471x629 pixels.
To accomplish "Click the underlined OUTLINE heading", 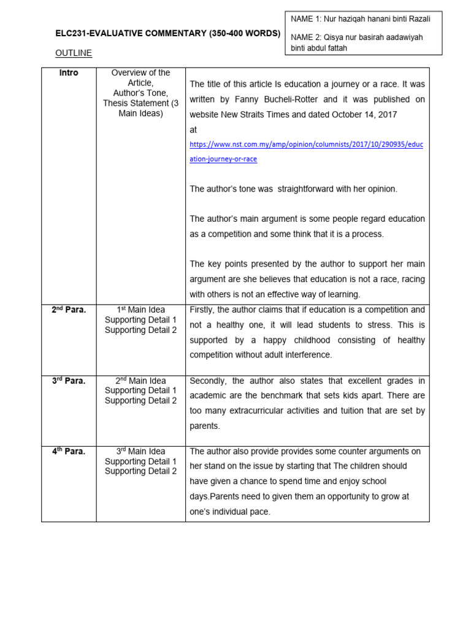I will click(74, 53).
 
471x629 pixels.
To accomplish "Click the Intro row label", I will click(69, 73).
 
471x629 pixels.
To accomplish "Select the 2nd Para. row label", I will click(69, 310).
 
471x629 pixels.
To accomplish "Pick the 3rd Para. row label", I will click(69, 381).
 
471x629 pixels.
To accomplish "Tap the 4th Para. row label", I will click(69, 451).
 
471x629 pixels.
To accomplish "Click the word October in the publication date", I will click(343, 114).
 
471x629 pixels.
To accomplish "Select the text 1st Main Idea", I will click(140, 310).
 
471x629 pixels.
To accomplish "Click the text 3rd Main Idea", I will click(140, 451).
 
